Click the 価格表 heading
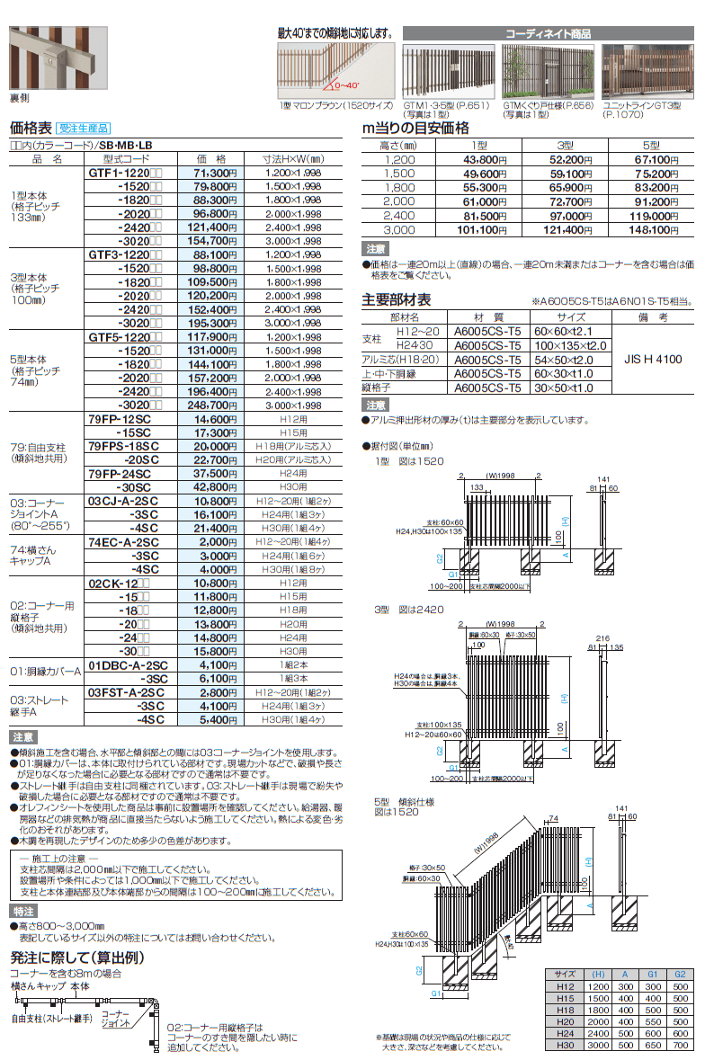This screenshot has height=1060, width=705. (x=30, y=128)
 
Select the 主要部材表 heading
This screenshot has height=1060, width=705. (x=396, y=300)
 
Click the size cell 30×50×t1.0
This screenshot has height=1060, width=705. (x=564, y=387)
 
